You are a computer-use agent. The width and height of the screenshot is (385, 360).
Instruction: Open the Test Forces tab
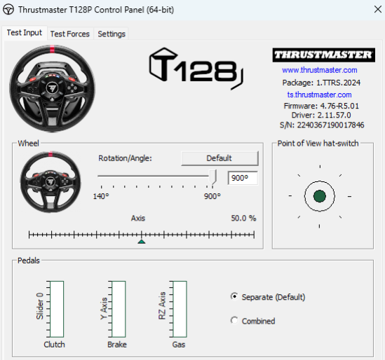pyautogui.click(x=69, y=34)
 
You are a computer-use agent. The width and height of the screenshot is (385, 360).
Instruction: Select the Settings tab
pyautogui.click(x=112, y=34)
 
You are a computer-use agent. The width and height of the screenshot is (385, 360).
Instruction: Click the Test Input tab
pyautogui.click(x=25, y=33)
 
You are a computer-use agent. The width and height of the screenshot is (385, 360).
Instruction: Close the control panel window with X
pyautogui.click(x=378, y=10)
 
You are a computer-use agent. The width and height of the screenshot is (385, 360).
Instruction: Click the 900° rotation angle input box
pyautogui.click(x=243, y=178)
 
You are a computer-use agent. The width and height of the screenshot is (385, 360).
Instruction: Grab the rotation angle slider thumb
pyautogui.click(x=213, y=176)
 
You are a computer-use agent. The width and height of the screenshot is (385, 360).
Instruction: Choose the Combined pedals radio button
pyautogui.click(x=234, y=321)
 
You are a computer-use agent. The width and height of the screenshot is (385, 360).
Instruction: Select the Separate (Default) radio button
pyautogui.click(x=234, y=296)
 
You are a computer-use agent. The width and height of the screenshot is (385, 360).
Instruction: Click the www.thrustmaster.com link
pyautogui.click(x=320, y=70)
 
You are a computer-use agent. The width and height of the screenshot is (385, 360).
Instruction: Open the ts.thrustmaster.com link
pyautogui.click(x=320, y=95)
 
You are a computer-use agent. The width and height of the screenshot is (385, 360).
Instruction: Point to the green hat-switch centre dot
pyautogui.click(x=320, y=196)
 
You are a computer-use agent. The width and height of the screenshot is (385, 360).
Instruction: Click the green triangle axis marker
pyautogui.click(x=142, y=242)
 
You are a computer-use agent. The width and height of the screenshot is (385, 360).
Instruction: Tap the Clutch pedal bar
pyautogui.click(x=57, y=309)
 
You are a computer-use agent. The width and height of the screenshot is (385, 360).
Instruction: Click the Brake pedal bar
pyautogui.click(x=119, y=309)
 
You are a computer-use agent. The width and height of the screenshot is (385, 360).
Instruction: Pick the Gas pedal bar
pyautogui.click(x=180, y=309)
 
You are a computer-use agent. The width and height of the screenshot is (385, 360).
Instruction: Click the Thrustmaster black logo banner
pyautogui.click(x=323, y=55)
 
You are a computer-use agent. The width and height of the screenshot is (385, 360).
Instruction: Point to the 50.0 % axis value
pyautogui.click(x=243, y=218)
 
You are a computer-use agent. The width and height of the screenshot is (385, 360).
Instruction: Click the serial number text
pyautogui.click(x=322, y=125)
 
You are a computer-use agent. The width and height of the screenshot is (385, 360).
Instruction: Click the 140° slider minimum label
pyautogui.click(x=101, y=196)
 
